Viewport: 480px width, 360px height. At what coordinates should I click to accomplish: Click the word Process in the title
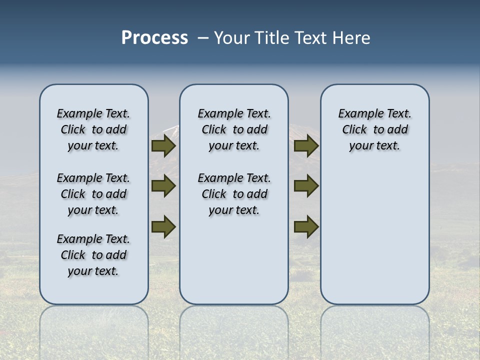click(x=154, y=38)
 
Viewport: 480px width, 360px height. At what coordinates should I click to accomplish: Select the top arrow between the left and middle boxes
click(x=163, y=146)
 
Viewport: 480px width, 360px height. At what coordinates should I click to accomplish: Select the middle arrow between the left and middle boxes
click(x=163, y=186)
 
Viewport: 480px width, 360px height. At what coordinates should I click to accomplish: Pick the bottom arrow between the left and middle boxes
click(x=163, y=226)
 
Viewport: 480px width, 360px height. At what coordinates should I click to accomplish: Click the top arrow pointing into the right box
click(x=306, y=146)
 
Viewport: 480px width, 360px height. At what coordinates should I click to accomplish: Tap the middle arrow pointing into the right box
click(x=306, y=186)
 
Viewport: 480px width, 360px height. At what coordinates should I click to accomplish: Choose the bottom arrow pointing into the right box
click(x=306, y=226)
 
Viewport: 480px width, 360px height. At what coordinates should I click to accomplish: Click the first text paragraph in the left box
click(x=93, y=129)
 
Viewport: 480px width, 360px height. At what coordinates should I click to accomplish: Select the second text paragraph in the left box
click(x=93, y=194)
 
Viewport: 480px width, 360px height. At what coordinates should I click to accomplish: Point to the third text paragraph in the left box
click(x=93, y=255)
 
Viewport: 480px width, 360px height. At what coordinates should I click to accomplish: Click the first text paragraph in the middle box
click(x=234, y=129)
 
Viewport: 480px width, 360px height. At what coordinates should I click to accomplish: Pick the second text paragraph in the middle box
click(x=234, y=194)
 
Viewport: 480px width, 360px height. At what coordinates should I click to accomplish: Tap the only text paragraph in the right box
click(x=375, y=129)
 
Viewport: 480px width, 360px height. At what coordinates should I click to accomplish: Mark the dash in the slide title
click(x=203, y=38)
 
